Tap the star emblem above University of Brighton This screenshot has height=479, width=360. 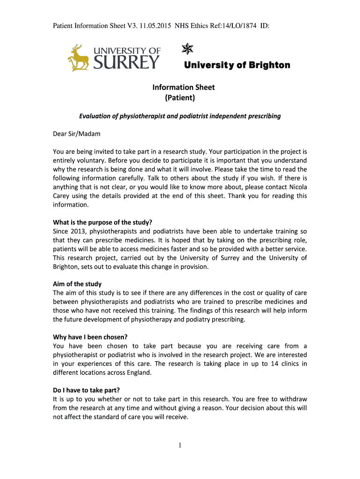click(x=187, y=49)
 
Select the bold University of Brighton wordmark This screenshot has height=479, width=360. click(x=237, y=65)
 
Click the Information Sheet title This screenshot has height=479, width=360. click(x=183, y=87)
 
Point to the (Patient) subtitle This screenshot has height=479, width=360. click(x=180, y=98)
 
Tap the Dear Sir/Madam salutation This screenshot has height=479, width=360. click(x=76, y=134)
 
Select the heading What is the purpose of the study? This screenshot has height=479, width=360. click(x=102, y=222)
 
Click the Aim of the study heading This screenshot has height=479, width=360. click(x=77, y=284)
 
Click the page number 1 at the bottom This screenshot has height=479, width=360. click(x=180, y=445)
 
